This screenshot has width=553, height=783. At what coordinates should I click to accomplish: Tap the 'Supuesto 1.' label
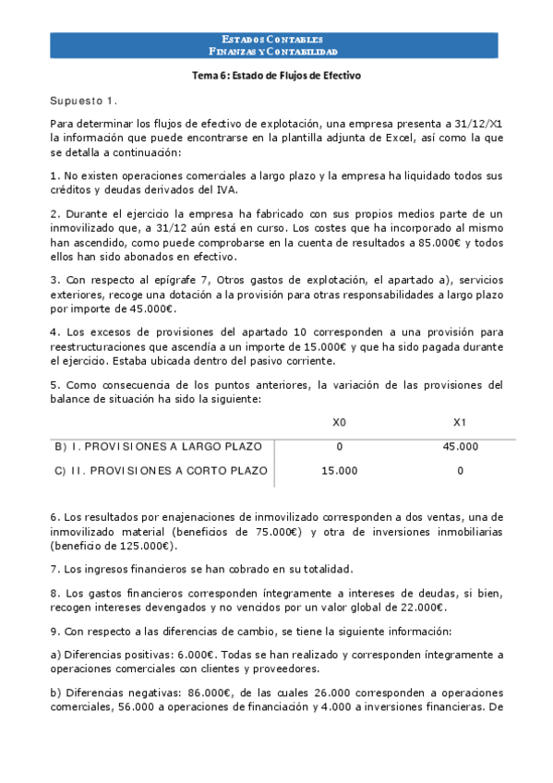pos(83,100)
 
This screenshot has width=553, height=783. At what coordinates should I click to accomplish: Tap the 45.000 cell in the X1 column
pos(461,447)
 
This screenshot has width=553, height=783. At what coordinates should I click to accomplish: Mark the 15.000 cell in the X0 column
pos(339,471)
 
